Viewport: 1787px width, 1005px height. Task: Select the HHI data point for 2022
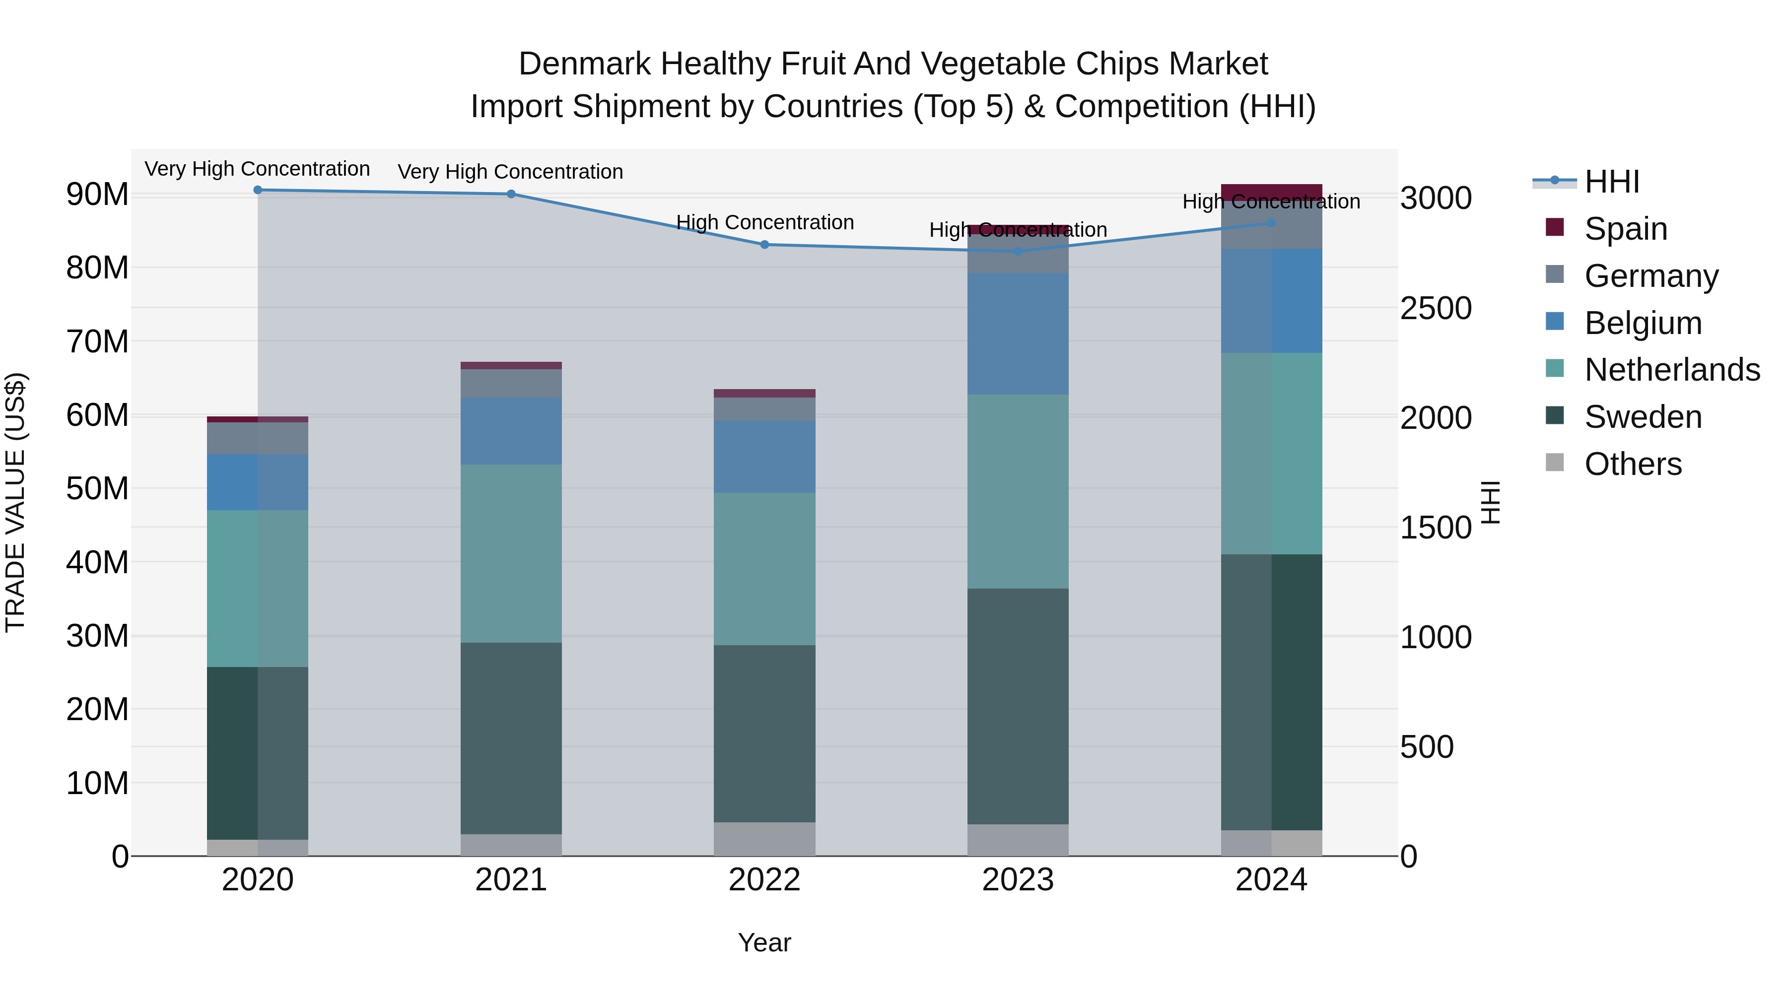[764, 245]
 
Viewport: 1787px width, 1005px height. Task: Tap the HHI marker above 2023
[1018, 252]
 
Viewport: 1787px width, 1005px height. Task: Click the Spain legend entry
[1625, 229]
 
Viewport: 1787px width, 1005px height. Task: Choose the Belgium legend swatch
[1555, 322]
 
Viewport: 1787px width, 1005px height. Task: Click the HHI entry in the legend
[1611, 182]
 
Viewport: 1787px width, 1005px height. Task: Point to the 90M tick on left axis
[97, 195]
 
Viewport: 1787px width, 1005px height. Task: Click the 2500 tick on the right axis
[1435, 309]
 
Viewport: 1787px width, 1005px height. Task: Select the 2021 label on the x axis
[511, 880]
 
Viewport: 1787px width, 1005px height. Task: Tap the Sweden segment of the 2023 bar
[1018, 706]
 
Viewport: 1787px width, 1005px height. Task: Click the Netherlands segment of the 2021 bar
[511, 553]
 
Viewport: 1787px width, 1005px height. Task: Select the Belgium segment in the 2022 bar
[764, 457]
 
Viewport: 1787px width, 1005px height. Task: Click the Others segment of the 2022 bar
[764, 839]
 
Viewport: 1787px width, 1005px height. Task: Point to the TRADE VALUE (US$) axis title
[15, 502]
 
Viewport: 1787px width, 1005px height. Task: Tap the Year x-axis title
[764, 942]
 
